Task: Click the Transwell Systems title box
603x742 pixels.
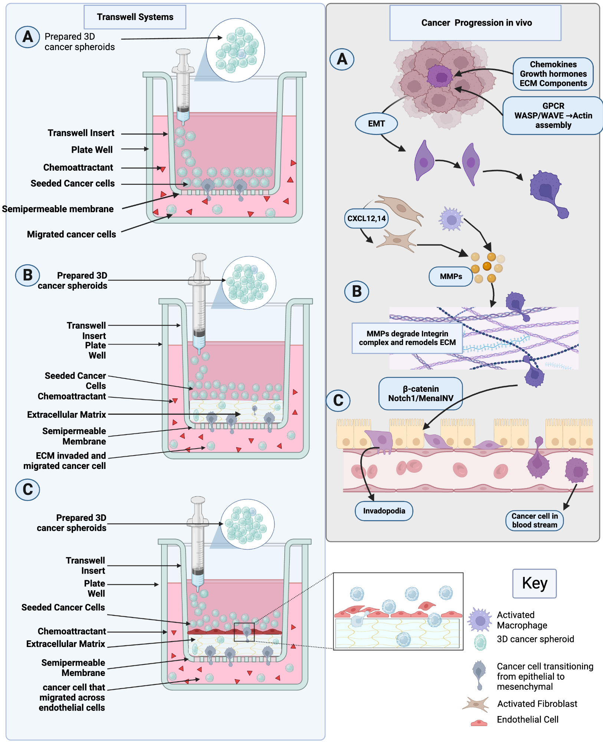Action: pos(135,17)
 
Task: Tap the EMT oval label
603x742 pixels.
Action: pos(376,124)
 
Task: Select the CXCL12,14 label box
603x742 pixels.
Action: pos(366,219)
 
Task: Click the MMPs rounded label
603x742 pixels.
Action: pos(450,276)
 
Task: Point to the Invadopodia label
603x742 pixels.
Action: pos(384,511)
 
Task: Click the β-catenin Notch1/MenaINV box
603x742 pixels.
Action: pos(420,394)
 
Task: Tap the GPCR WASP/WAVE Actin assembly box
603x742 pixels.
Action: pos(553,115)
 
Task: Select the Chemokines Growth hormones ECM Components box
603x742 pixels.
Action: pos(553,74)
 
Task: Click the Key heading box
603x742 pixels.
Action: pos(534,583)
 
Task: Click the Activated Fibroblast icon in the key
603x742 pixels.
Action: pos(476,704)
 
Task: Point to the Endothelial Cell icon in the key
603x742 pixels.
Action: pos(479,723)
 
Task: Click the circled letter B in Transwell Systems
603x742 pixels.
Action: pos(27,275)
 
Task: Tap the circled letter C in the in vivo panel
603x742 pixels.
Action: pos(338,401)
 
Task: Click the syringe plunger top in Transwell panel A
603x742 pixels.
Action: pos(183,52)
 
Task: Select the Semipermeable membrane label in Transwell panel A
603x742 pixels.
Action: pos(58,209)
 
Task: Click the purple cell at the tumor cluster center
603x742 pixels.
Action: pos(440,76)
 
